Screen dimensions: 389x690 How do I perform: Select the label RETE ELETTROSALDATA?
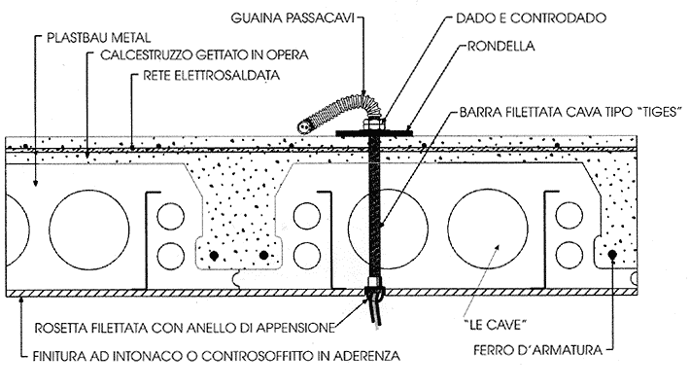click(210, 73)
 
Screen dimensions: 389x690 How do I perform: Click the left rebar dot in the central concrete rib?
click(217, 256)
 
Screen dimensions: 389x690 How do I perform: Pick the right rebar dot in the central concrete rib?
click(264, 256)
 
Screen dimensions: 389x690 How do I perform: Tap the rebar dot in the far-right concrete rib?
click(613, 256)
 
